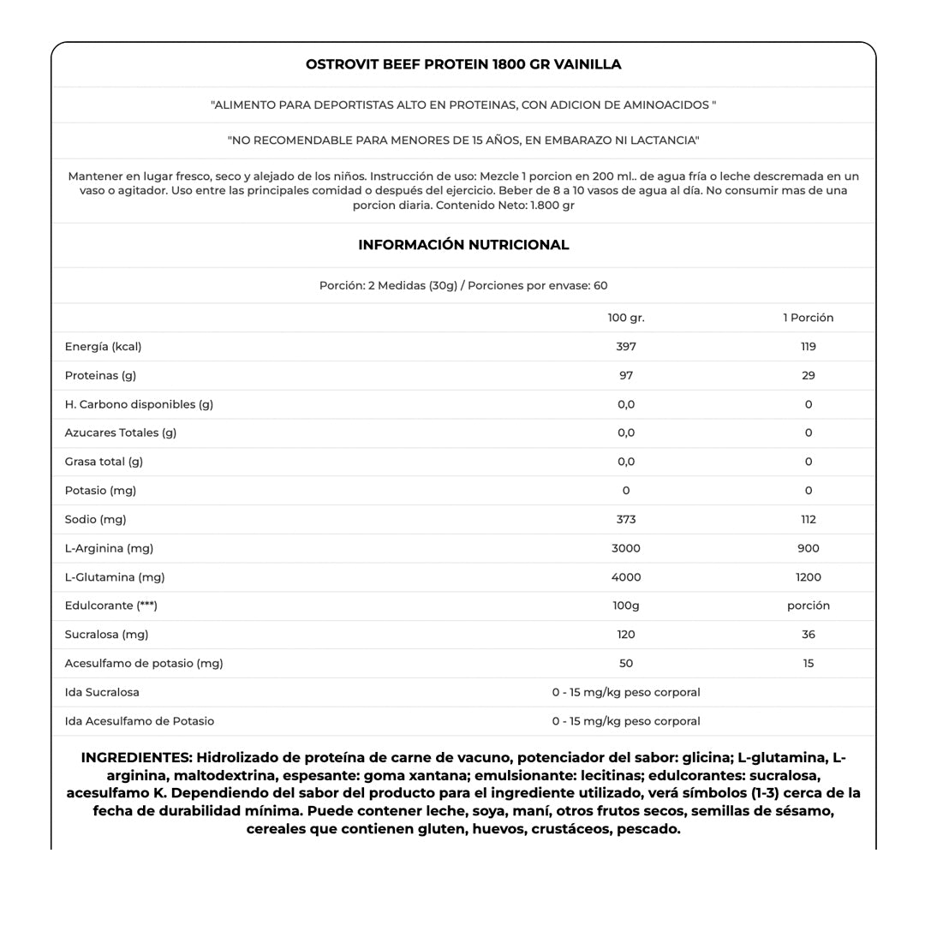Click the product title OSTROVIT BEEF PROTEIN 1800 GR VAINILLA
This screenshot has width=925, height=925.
(463, 64)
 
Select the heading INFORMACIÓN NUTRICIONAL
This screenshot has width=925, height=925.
(463, 245)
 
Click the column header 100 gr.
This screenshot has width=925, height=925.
(626, 318)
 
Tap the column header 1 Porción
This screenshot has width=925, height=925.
(808, 318)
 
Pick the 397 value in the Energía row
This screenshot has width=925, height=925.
(626, 347)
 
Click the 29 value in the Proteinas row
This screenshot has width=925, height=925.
(808, 375)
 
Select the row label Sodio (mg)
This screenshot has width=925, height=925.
(95, 519)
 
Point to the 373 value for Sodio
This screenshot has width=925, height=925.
(626, 519)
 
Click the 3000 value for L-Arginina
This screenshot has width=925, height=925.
(626, 548)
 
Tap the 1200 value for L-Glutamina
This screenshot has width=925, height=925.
(808, 577)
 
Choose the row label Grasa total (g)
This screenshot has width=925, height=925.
(104, 462)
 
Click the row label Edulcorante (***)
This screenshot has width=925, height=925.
(110, 606)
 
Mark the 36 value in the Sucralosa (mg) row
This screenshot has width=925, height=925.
(808, 635)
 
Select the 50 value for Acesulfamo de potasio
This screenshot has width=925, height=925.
(626, 663)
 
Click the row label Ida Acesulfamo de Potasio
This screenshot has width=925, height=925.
(140, 721)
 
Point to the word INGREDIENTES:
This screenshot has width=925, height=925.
(136, 758)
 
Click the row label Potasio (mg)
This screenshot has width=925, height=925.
(100, 491)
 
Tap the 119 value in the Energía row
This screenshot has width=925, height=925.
(808, 347)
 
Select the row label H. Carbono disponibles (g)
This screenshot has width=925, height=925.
(139, 404)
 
